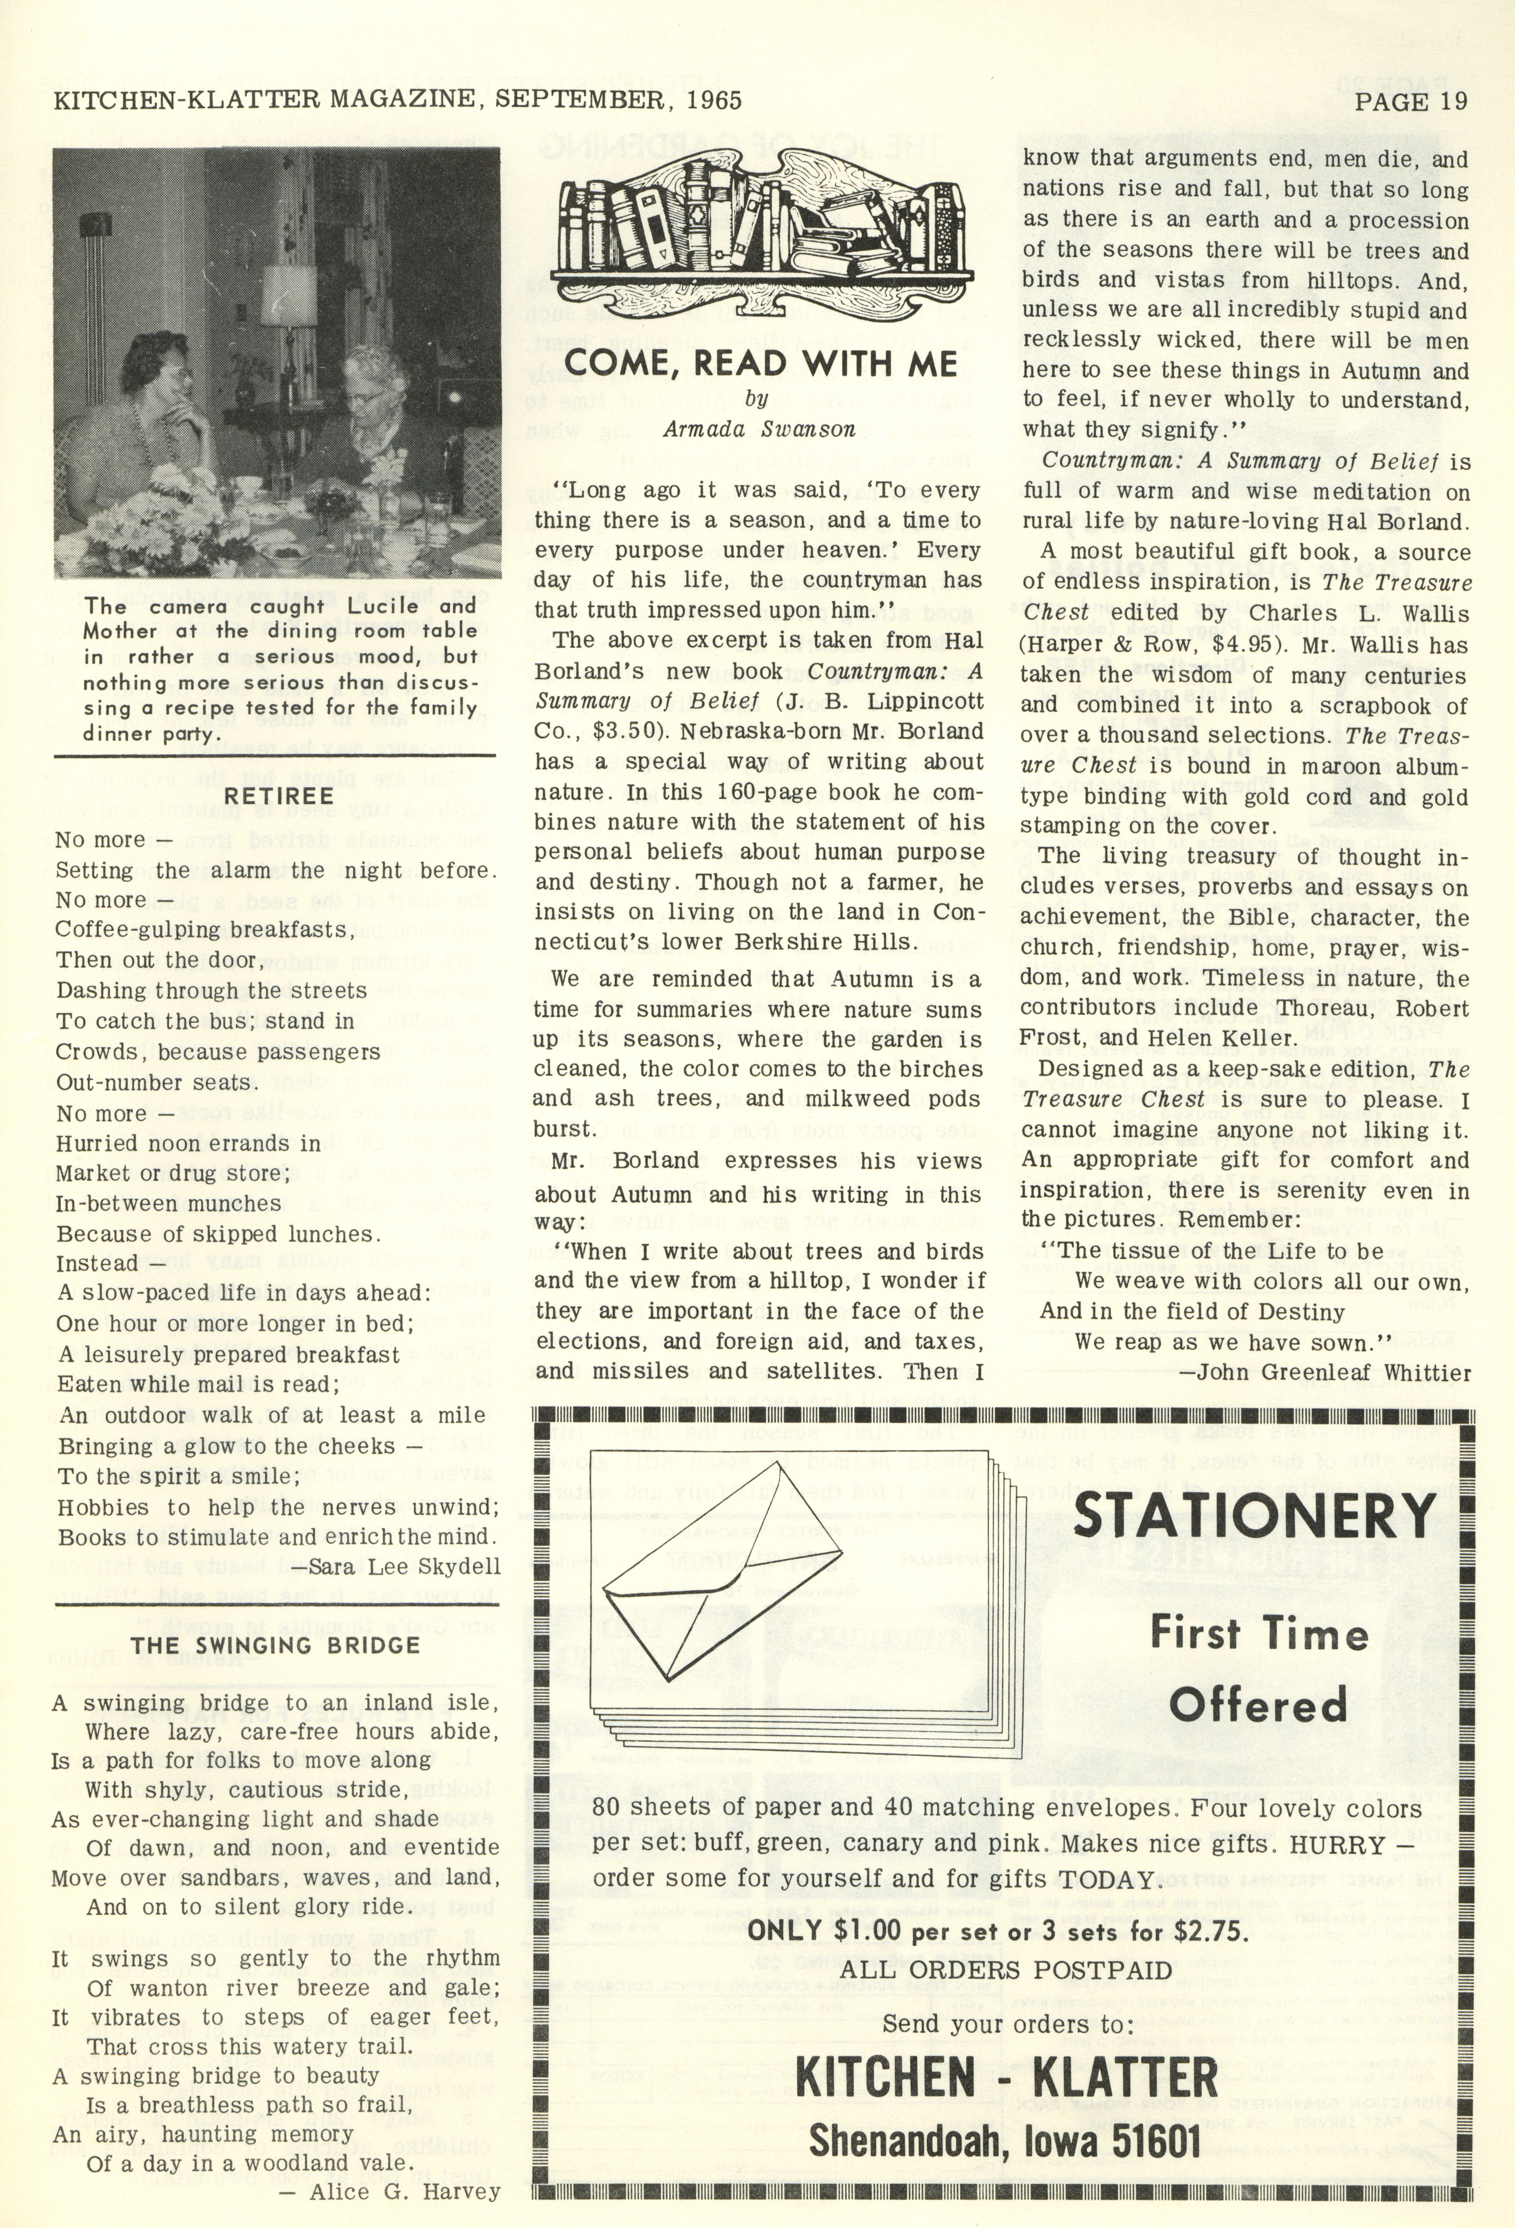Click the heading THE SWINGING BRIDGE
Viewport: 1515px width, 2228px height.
pyautogui.click(x=275, y=1645)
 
